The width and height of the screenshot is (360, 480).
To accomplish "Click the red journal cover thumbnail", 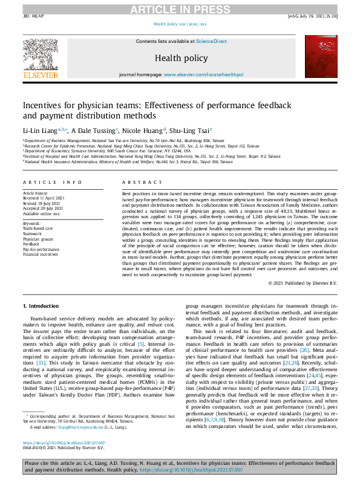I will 320,56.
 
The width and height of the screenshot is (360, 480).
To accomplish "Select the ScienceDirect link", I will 211,41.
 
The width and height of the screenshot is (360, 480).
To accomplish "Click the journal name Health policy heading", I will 180,58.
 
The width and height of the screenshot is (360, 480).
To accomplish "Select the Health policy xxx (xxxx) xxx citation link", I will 180,24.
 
